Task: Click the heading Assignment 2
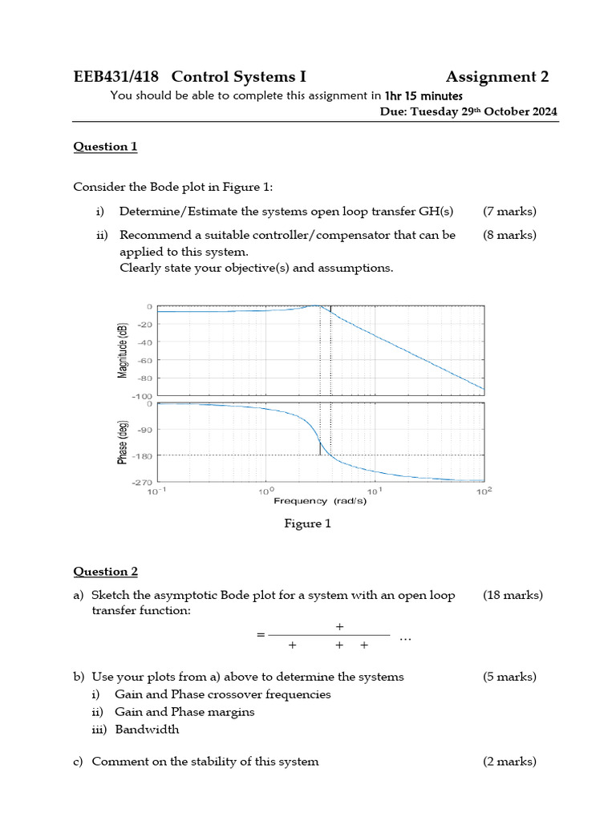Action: click(x=497, y=77)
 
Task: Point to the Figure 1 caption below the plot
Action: click(x=307, y=524)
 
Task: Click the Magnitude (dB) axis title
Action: click(x=123, y=350)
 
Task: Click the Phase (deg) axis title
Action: click(x=123, y=443)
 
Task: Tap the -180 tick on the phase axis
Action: click(x=142, y=456)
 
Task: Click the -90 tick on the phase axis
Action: click(x=144, y=430)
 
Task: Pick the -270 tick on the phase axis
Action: click(x=142, y=483)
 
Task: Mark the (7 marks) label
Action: click(x=509, y=212)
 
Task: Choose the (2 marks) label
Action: click(x=509, y=762)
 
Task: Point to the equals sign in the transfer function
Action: click(x=260, y=635)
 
